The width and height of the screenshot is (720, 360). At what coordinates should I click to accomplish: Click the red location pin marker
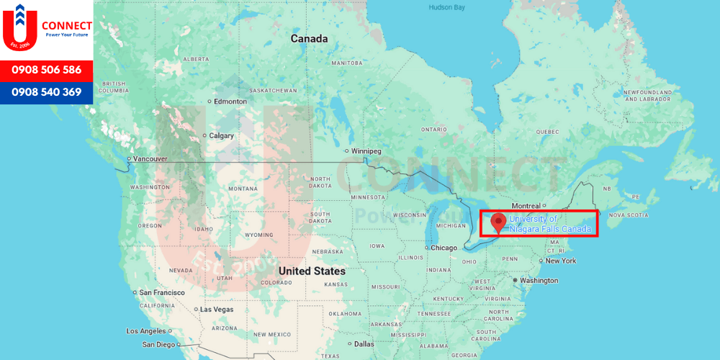498,222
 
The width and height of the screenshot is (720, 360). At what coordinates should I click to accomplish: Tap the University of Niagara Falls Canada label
550,224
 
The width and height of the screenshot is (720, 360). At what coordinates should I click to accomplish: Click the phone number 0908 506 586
46,71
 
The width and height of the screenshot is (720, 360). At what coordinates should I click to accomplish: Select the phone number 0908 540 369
46,92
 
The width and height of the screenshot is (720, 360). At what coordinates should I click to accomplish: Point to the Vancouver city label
150,158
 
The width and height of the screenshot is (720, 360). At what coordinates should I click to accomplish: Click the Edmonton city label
230,102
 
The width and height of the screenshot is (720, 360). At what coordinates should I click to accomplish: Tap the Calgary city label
222,135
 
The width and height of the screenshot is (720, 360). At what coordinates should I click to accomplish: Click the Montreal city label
526,206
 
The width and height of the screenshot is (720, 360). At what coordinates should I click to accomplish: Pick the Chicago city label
444,248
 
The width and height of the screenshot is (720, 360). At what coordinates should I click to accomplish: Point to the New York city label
561,261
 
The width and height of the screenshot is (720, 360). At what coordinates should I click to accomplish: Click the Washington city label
539,280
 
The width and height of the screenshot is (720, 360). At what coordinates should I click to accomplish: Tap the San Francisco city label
162,292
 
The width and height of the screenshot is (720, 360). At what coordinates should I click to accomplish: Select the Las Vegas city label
216,309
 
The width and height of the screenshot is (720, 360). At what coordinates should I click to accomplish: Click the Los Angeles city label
146,331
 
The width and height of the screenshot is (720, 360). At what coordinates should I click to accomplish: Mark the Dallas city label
364,344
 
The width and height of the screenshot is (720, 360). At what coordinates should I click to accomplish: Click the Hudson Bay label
447,7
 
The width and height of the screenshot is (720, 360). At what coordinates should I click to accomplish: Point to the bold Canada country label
309,39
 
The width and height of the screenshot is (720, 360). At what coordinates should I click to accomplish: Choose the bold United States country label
312,271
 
